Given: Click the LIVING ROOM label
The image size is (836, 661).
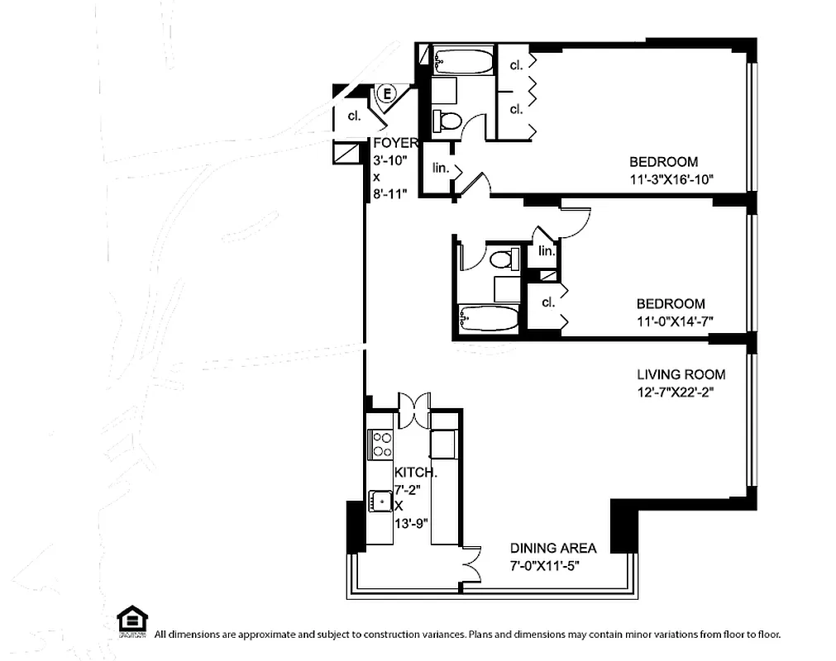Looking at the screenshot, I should click(x=681, y=374).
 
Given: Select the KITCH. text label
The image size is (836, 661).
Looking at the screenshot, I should click(x=415, y=473).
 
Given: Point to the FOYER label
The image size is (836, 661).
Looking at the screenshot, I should click(x=395, y=143).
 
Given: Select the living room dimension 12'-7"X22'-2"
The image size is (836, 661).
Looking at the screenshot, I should click(x=669, y=392).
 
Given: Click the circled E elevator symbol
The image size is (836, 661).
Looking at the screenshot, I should click(x=386, y=93).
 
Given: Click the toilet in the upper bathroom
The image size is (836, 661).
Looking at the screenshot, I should click(x=448, y=120).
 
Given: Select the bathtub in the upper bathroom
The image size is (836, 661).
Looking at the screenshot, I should click(x=462, y=60).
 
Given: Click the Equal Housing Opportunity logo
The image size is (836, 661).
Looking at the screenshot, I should click(x=132, y=621).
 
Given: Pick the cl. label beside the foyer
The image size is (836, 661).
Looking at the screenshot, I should click(x=354, y=117).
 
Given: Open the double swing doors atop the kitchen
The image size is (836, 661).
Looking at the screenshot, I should click(x=413, y=404).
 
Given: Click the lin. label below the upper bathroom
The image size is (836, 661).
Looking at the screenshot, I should click(x=441, y=168).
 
